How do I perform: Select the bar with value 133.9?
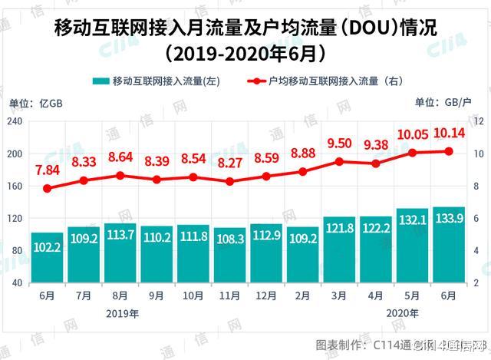[448, 244]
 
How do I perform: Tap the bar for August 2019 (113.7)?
[120, 253]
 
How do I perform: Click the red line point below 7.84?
[47, 188]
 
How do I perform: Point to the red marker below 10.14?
[448, 151]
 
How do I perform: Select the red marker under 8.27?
[229, 182]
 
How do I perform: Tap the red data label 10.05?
[412, 134]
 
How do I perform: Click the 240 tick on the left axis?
[15, 121]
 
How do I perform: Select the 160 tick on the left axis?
[15, 186]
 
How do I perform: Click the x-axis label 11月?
[229, 294]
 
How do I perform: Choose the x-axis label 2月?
[302, 294]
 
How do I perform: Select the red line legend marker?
[254, 81]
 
